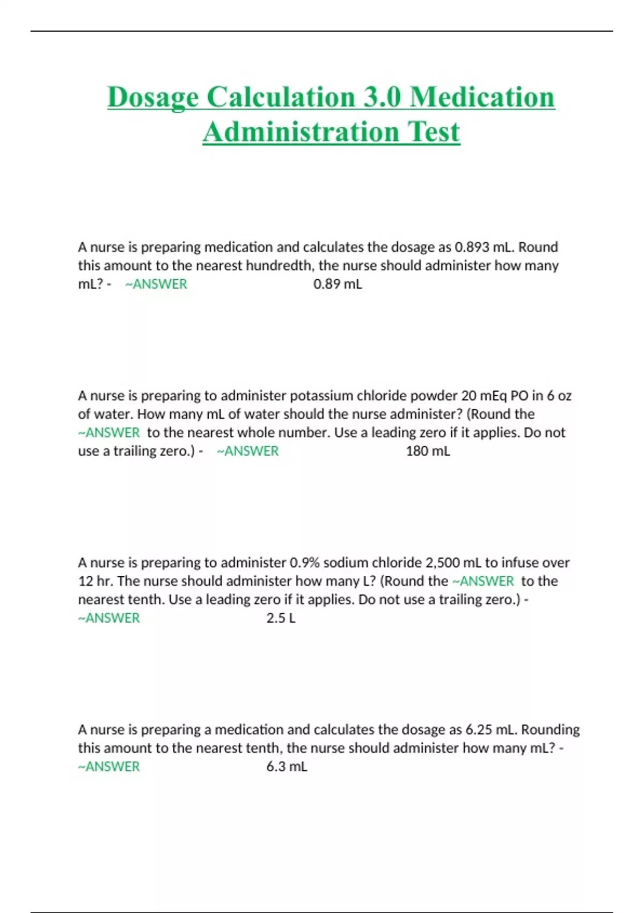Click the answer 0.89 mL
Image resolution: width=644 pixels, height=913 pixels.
click(338, 284)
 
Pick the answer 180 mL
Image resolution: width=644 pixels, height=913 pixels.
click(428, 451)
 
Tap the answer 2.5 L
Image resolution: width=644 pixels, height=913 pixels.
click(281, 618)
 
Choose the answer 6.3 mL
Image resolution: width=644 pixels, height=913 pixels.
click(287, 767)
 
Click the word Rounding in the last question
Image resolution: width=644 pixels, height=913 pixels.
click(550, 730)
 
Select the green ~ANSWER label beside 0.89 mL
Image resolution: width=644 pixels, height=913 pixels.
click(156, 284)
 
